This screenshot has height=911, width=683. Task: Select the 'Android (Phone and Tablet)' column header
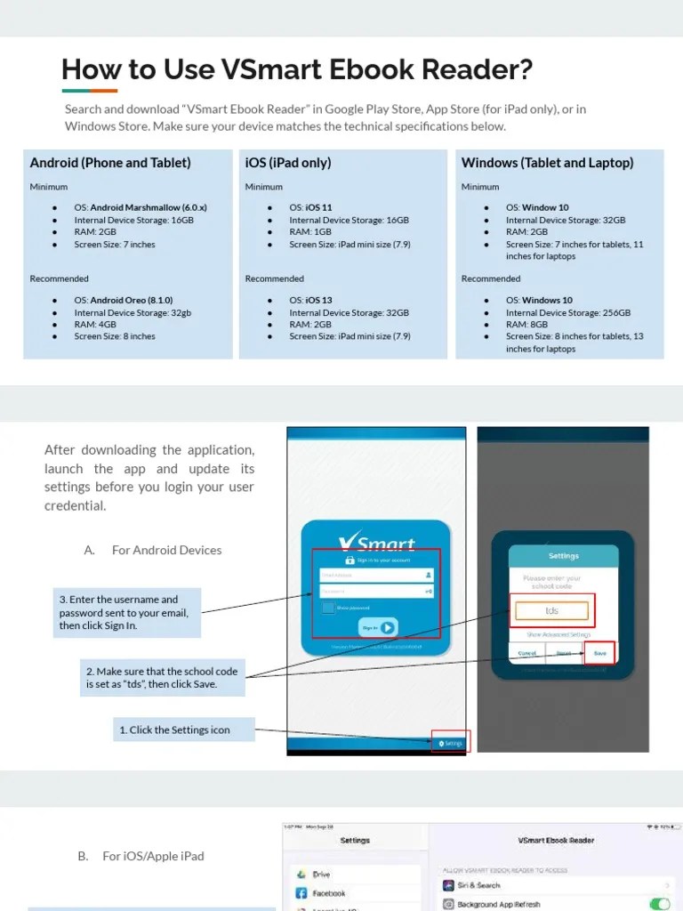pyautogui.click(x=110, y=163)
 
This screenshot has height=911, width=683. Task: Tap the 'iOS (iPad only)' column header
pyautogui.click(x=287, y=163)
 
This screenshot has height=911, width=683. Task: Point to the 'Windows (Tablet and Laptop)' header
pyautogui.click(x=547, y=163)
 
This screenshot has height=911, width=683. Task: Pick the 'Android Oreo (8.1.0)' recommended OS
pyautogui.click(x=132, y=301)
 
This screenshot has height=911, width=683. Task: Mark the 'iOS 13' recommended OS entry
pyautogui.click(x=318, y=301)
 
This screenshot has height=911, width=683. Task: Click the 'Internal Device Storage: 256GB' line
pyautogui.click(x=568, y=313)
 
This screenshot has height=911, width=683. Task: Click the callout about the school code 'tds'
pyautogui.click(x=163, y=678)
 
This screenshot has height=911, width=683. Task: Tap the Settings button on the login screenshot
pyautogui.click(x=451, y=743)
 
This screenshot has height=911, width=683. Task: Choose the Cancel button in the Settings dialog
pyautogui.click(x=528, y=653)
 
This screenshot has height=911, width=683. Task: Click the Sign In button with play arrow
pyautogui.click(x=377, y=627)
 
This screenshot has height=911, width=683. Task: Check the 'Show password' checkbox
pyautogui.click(x=329, y=608)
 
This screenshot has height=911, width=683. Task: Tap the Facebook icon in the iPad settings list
pyautogui.click(x=301, y=892)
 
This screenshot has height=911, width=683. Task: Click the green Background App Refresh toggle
pyautogui.click(x=659, y=904)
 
